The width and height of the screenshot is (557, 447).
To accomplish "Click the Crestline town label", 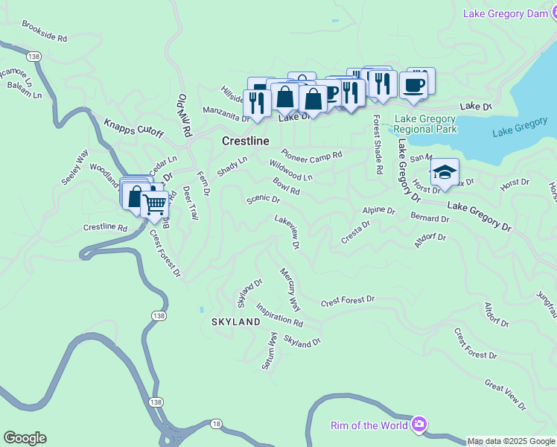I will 245,141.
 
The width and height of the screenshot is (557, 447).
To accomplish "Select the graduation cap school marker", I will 445,173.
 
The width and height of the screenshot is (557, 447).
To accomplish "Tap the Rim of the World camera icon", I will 419,425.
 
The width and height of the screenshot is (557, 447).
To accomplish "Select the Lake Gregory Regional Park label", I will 425,124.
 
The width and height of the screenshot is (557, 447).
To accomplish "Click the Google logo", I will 25,438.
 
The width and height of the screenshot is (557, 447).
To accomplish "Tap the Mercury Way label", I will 290,290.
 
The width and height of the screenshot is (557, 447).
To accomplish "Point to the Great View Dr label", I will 505,395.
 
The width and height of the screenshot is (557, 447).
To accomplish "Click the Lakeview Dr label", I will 287,231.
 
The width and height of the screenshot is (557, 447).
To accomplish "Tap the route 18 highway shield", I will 216,423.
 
